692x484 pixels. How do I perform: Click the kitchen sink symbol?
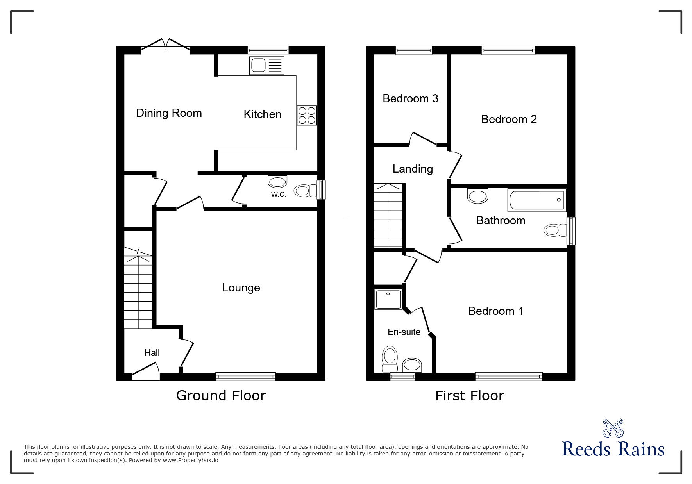(266, 65)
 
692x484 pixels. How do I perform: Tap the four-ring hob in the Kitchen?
(307, 115)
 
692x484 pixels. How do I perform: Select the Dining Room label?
(169, 113)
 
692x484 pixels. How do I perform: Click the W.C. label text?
(279, 195)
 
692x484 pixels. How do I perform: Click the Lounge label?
(241, 288)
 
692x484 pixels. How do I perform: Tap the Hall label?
(152, 353)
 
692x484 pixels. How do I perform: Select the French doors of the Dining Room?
(166, 45)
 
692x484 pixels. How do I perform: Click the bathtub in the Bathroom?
(537, 200)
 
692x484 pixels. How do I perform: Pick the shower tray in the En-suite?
(388, 299)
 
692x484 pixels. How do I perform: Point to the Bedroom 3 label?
(410, 98)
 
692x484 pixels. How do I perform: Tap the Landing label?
(413, 169)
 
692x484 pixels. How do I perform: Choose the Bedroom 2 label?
(509, 119)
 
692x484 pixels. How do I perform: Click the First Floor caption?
(470, 396)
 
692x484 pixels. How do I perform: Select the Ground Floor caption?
(221, 396)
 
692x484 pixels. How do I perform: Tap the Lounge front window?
(245, 377)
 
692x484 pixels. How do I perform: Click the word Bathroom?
(501, 221)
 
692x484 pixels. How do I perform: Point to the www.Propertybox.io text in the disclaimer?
(190, 460)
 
